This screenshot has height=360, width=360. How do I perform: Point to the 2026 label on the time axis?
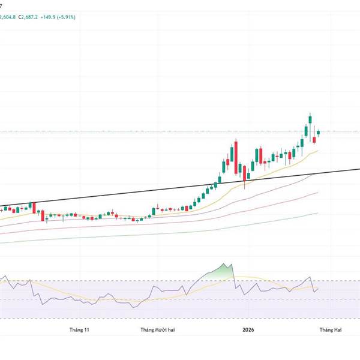[x=248, y=330]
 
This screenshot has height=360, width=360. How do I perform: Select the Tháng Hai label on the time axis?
[x=330, y=330]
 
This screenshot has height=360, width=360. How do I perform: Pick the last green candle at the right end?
[x=319, y=132]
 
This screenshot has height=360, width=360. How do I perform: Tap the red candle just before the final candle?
[x=314, y=140]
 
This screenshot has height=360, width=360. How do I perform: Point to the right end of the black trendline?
[x=358, y=169]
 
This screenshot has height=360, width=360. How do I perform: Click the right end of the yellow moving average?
[x=317, y=151]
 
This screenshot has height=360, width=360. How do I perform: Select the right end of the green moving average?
[x=317, y=212]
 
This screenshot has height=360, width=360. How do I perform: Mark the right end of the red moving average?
[x=317, y=193]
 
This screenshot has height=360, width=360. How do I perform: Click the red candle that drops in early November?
[x=42, y=214]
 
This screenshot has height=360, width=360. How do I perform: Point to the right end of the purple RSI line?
[x=318, y=289]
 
